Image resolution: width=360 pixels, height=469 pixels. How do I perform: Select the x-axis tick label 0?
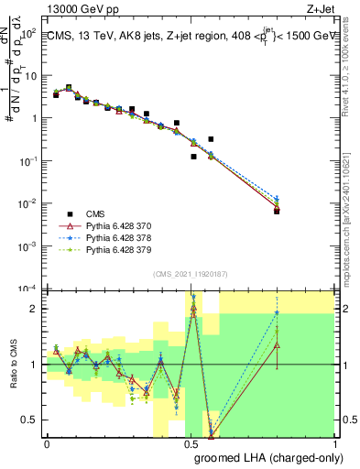46,444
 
